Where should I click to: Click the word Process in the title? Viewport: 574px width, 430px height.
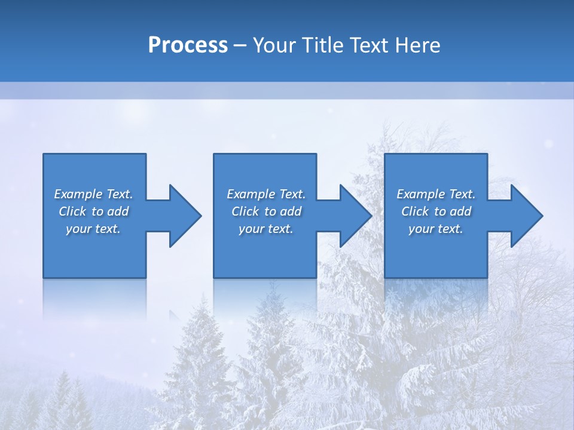point(188,45)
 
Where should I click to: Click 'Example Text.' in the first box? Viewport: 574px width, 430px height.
point(93,194)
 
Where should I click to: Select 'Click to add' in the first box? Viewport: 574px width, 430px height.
point(93,211)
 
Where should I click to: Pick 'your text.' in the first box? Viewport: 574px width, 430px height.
point(93,229)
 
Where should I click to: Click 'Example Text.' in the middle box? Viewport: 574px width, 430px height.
point(265,194)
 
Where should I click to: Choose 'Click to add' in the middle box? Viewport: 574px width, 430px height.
point(265,211)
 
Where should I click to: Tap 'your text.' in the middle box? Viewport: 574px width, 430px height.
point(265,229)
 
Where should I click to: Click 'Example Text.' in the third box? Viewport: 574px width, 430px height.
point(436,194)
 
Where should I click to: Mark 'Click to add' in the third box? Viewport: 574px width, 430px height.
point(436,211)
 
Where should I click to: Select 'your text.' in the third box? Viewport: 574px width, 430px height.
point(436,229)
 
